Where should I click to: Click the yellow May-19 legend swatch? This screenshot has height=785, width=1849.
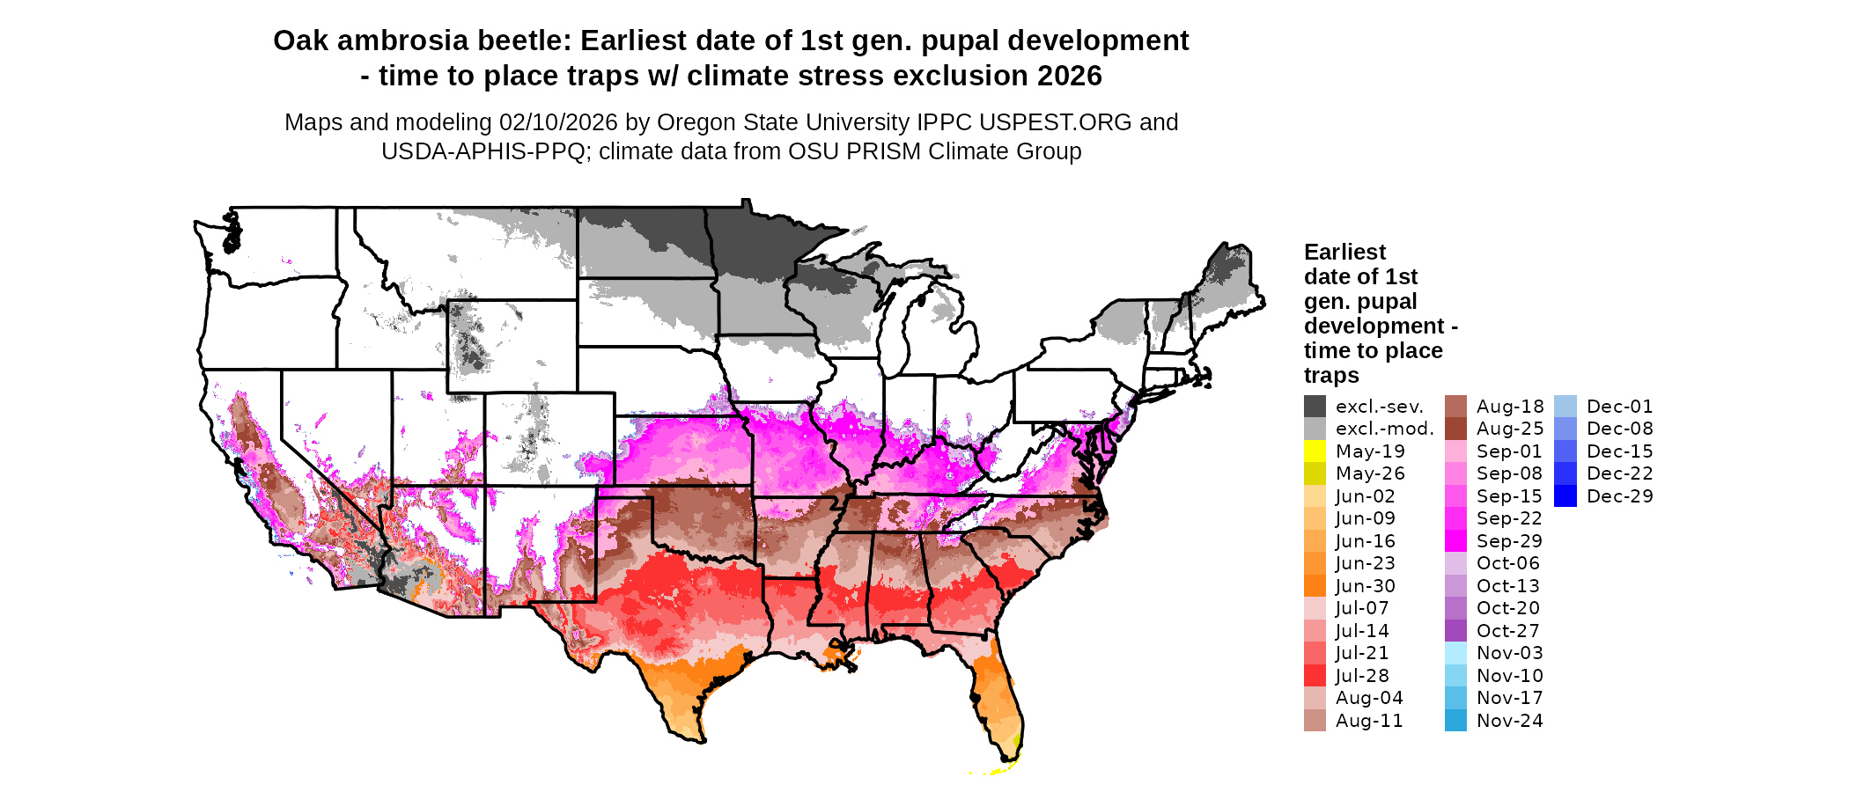pos(1315,451)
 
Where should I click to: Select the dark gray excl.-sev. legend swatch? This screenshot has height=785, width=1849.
pos(1315,407)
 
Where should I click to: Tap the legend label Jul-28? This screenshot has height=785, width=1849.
pos(1362,676)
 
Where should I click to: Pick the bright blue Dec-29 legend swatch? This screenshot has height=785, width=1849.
pos(1565,496)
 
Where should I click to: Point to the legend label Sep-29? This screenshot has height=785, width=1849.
pos(1509,541)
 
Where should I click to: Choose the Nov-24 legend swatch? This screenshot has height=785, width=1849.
pos(1455,721)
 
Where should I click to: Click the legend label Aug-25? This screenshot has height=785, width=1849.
pos(1510,429)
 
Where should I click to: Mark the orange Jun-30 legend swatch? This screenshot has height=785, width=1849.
pos(1315,586)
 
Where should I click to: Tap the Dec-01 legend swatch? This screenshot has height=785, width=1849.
pos(1565,407)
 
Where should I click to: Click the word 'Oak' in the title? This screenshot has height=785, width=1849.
pos(299,40)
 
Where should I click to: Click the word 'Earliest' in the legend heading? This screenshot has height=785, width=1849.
pos(1344,253)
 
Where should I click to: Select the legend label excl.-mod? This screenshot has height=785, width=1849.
pos(1384,429)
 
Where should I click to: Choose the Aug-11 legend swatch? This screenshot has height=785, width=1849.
pos(1315,721)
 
